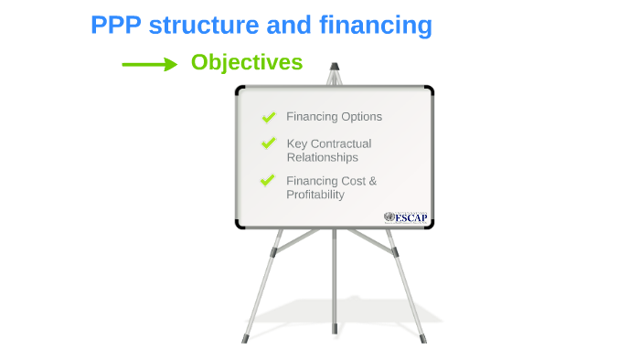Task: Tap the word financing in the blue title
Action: click(x=375, y=26)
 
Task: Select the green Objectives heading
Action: click(x=246, y=62)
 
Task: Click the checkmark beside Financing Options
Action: click(x=269, y=117)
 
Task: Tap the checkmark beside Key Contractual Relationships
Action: click(x=269, y=143)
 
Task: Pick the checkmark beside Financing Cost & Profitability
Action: click(x=268, y=180)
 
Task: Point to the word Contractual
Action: click(x=341, y=143)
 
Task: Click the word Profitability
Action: click(x=315, y=195)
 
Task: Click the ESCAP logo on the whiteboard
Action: click(x=405, y=217)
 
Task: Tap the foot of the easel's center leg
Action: click(x=334, y=326)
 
